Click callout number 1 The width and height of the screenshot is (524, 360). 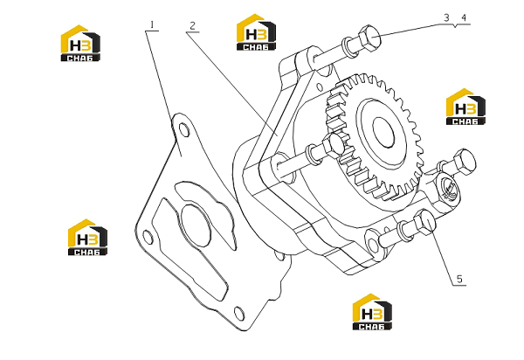pos(152,24)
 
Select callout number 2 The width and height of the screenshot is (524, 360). pos(192,25)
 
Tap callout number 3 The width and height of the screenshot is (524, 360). pos(446,17)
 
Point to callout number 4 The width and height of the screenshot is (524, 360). pos(464,17)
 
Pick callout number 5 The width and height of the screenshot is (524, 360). pos(459,279)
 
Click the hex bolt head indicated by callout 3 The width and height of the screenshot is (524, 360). pos(369,38)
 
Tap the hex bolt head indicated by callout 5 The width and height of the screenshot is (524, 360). pos(424,222)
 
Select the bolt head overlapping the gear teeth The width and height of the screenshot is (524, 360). pos(333,146)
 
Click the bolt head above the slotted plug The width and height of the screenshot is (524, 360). pos(464,163)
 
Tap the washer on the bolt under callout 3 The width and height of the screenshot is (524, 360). pos(348,46)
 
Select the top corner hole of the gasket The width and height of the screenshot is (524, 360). pos(183,129)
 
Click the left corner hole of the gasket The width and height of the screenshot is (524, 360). pos(148,236)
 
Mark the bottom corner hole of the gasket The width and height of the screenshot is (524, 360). pos(239,313)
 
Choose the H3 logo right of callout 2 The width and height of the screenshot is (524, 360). pos(256,32)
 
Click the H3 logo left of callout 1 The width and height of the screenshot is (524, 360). pos(81,43)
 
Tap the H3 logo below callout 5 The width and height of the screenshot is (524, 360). pos(372,312)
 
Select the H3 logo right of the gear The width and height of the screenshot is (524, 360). pos(465,107)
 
